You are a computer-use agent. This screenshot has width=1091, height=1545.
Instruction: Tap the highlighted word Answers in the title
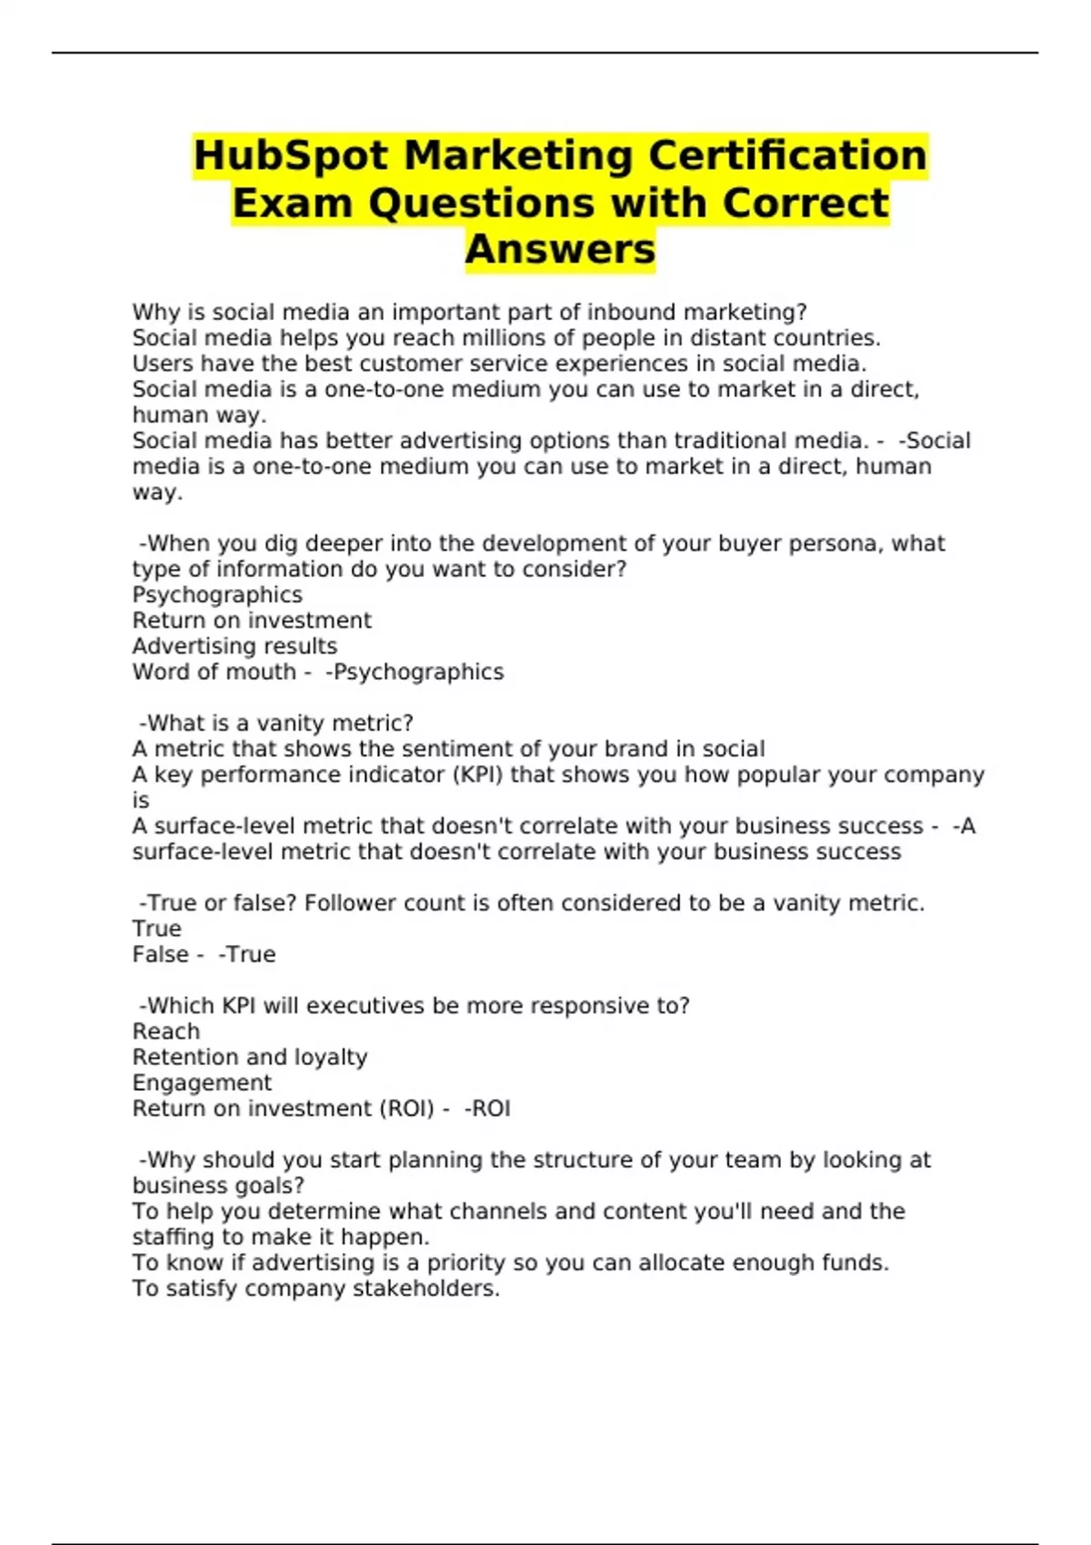(x=560, y=249)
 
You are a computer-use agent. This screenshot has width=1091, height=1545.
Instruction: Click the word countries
(x=826, y=338)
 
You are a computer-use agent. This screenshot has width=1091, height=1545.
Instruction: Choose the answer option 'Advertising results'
(x=235, y=646)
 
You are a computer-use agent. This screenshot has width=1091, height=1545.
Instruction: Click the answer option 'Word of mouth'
(x=214, y=673)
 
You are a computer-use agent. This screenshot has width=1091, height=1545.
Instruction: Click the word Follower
(x=350, y=903)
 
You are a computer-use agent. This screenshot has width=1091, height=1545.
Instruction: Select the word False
(x=160, y=955)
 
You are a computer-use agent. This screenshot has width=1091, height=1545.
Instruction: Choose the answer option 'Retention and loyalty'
(x=250, y=1058)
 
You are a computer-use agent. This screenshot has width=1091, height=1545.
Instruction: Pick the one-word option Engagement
(x=202, y=1083)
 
